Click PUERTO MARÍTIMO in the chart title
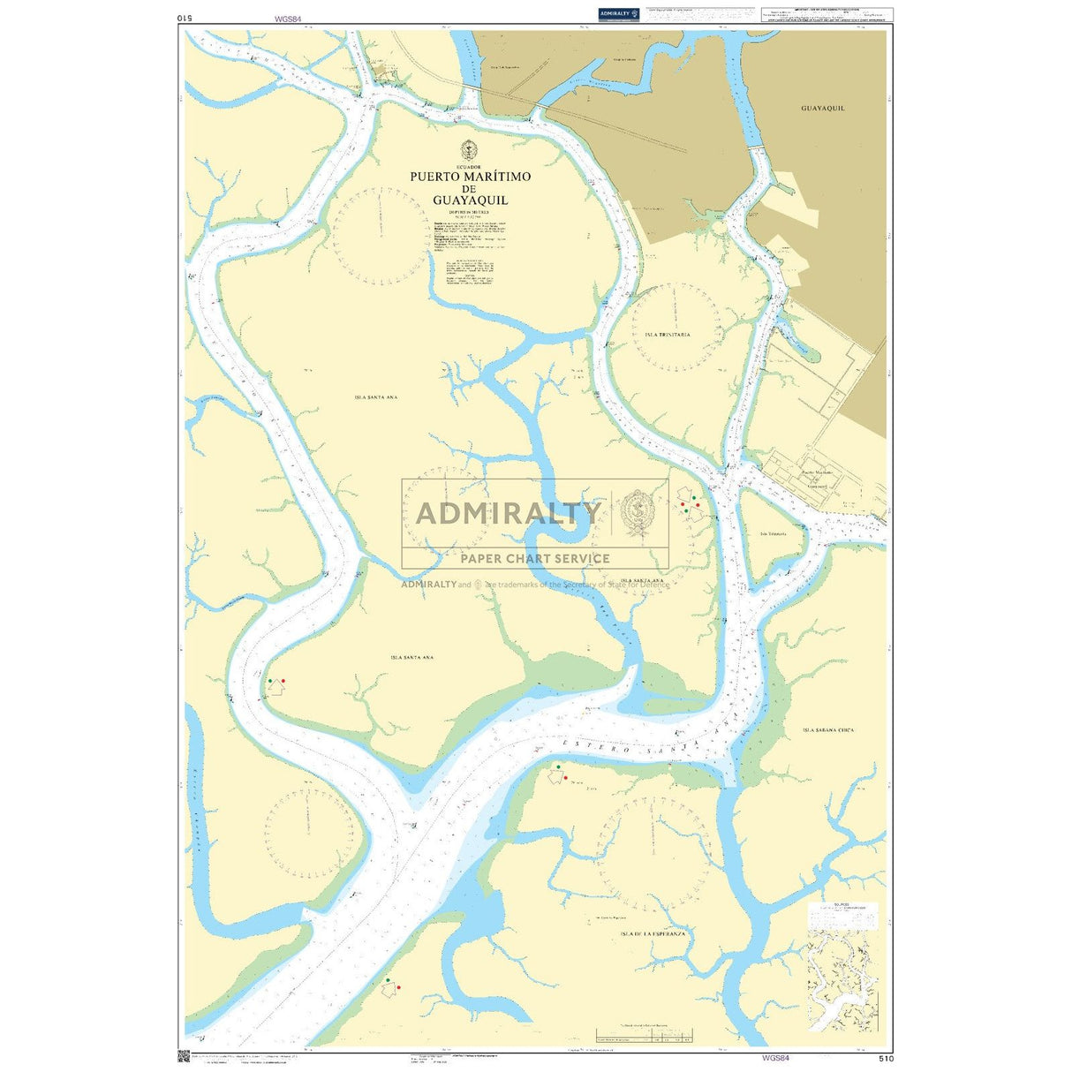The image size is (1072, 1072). click(470, 177)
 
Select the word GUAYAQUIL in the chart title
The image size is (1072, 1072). click(470, 200)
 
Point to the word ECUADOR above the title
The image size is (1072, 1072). click(469, 166)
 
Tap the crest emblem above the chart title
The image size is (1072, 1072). click(469, 149)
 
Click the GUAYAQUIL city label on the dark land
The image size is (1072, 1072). click(822, 108)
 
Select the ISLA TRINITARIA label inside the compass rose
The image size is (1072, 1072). click(668, 335)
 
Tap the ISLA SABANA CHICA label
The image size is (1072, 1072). click(828, 730)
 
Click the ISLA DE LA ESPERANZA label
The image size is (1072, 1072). click(653, 933)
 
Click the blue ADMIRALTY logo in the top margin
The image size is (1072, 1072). click(618, 13)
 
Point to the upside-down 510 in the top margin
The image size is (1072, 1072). click(184, 17)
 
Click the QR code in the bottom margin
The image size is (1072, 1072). click(184, 1055)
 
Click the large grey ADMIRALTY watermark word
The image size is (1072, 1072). click(508, 513)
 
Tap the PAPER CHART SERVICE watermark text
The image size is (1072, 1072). click(535, 558)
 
